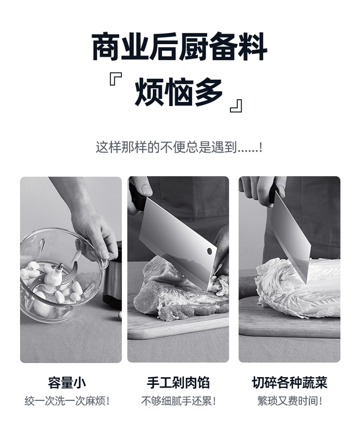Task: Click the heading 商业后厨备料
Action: tap(179, 47)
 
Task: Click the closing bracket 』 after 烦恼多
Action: tap(236, 105)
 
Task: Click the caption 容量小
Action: tap(67, 383)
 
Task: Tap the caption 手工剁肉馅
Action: tap(178, 383)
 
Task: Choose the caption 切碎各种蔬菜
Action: tap(289, 383)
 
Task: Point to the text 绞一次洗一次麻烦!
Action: tap(67, 401)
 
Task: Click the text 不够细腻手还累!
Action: tap(178, 401)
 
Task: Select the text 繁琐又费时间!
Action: tap(289, 401)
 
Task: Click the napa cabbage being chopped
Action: tap(288, 288)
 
